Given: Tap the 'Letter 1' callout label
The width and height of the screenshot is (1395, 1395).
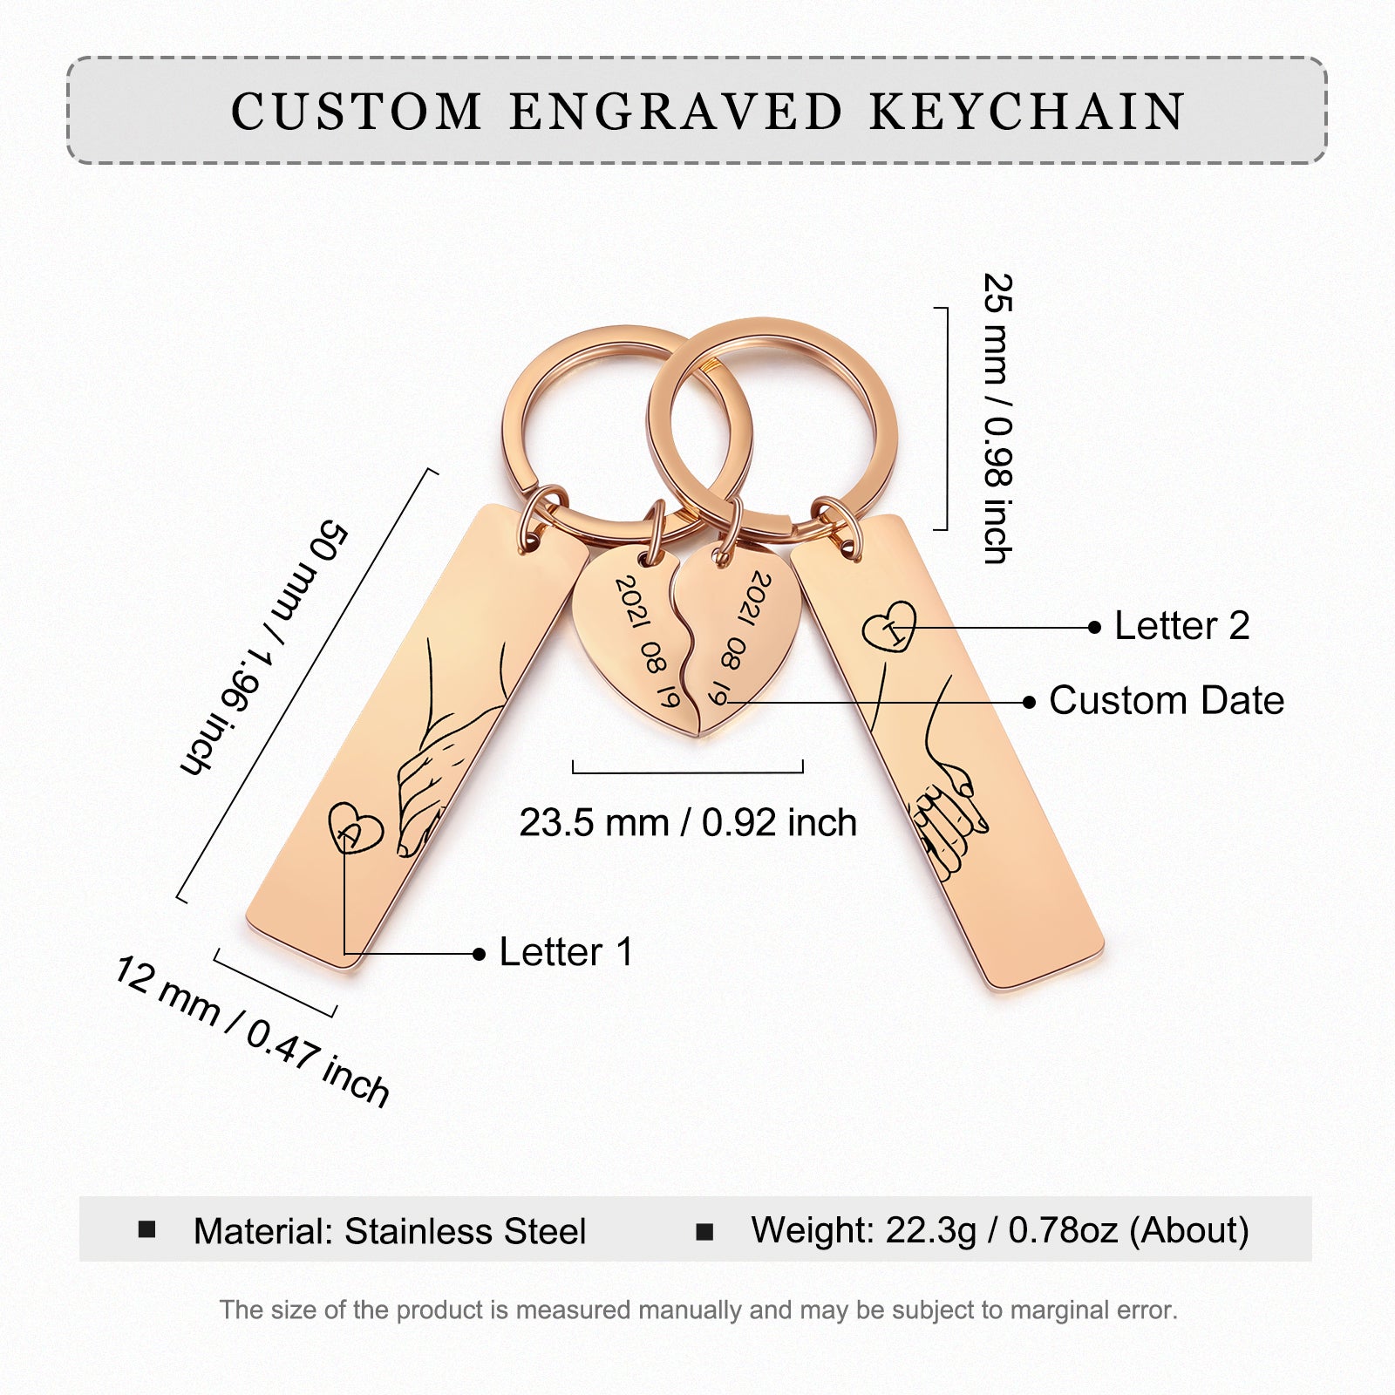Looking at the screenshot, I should tap(566, 952).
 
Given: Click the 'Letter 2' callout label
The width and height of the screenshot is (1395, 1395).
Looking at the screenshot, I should tap(1181, 626).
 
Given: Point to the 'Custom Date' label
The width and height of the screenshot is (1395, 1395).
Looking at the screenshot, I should tap(1166, 701).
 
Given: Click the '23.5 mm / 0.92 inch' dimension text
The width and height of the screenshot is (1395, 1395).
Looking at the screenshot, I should tap(688, 823).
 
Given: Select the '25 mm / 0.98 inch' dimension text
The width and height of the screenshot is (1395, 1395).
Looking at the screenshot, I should tap(998, 418).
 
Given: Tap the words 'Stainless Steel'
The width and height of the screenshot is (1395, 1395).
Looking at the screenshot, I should tap(465, 1232).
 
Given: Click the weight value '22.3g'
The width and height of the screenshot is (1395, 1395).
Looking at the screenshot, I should tap(930, 1230).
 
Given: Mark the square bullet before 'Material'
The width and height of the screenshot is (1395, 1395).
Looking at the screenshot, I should tap(147, 1230).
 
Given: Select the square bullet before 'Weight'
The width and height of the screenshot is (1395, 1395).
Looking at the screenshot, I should tap(704, 1232).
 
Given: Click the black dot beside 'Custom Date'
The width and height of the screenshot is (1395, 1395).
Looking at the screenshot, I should tap(1030, 702).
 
